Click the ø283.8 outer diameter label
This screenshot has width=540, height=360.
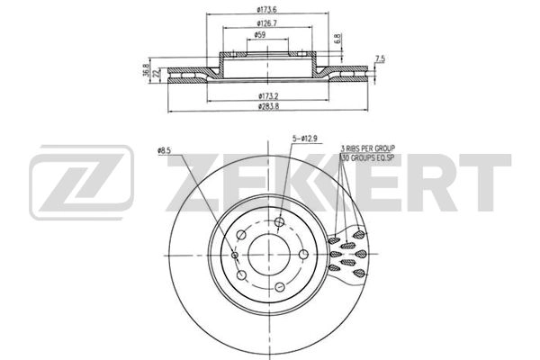point(268,107)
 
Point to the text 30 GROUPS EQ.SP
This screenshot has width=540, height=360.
point(369,157)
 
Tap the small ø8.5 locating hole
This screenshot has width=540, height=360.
point(236,255)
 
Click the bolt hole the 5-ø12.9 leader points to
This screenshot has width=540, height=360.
point(279,221)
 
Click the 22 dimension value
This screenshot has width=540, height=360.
point(155,72)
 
